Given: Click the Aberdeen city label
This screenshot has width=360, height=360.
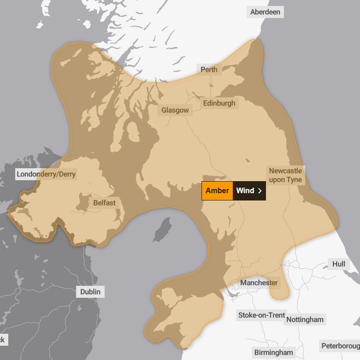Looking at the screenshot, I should (265, 12).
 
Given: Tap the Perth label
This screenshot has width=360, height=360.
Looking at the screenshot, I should (209, 70).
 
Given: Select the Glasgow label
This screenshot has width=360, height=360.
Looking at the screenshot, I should (175, 110).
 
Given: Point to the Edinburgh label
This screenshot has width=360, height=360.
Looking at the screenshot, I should (219, 103).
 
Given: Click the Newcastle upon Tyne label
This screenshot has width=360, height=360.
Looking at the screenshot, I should (286, 175).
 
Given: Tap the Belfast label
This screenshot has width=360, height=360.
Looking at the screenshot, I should (104, 203).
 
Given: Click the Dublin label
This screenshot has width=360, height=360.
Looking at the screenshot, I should (91, 292).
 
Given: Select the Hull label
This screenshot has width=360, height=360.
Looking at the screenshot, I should (339, 264).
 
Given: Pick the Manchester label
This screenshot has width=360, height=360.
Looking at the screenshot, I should (259, 283).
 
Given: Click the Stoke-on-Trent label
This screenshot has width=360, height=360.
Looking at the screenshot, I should (262, 315).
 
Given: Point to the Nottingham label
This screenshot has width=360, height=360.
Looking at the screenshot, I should (305, 319).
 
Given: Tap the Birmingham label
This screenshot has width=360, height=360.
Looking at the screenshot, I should (273, 352).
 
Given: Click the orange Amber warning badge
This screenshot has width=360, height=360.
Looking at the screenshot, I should (217, 191).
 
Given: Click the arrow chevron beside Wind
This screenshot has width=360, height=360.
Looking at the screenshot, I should (260, 191).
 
